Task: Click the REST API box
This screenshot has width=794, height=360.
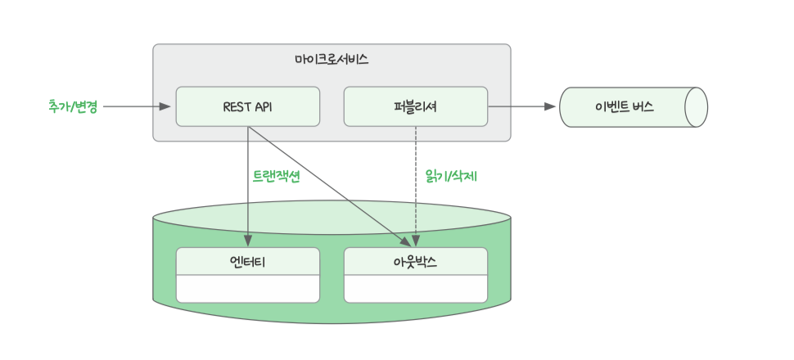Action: (x=248, y=106)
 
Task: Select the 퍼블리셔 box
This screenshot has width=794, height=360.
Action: (x=416, y=106)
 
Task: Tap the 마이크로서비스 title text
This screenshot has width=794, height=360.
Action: (x=332, y=60)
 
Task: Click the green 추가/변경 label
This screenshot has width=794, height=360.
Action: (x=72, y=106)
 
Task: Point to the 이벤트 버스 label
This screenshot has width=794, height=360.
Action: (x=625, y=107)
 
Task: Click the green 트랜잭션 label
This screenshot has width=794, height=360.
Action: (x=277, y=176)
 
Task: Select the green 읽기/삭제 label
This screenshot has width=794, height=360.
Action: (x=452, y=176)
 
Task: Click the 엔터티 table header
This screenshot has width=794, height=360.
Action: (x=248, y=261)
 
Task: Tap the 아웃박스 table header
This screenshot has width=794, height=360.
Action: (x=416, y=261)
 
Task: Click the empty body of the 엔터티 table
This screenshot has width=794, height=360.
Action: (x=248, y=289)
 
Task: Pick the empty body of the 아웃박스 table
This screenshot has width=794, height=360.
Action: (x=416, y=289)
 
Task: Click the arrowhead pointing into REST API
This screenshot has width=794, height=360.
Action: (x=165, y=106)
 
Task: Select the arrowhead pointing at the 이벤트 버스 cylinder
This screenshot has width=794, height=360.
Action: (x=550, y=106)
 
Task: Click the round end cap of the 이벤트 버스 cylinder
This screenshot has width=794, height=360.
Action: (x=696, y=107)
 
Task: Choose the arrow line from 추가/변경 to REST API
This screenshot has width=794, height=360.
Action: (x=137, y=106)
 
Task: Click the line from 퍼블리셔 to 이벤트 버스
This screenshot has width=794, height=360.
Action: (x=522, y=106)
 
